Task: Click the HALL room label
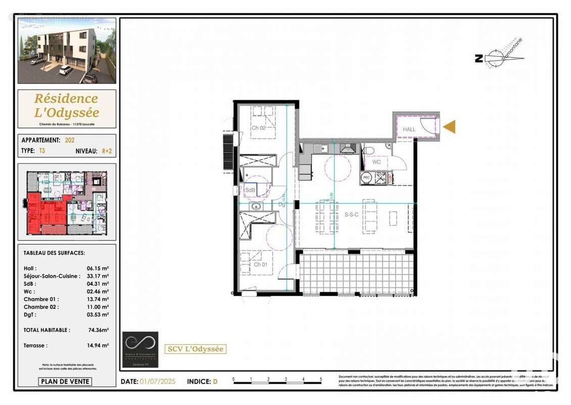click(409, 130)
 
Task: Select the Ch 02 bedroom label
click(259, 128)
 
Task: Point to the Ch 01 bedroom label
click(260, 264)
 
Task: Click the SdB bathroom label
click(250, 190)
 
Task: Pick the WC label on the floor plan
click(376, 163)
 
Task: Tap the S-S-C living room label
click(352, 215)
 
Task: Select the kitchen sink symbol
click(319, 148)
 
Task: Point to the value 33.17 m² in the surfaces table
click(98, 276)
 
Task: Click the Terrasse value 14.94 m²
click(98, 345)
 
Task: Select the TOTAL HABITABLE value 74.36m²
click(98, 330)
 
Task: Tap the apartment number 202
click(70, 140)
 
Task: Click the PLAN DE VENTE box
click(65, 382)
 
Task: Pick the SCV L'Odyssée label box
click(196, 349)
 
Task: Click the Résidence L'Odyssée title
click(67, 105)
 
